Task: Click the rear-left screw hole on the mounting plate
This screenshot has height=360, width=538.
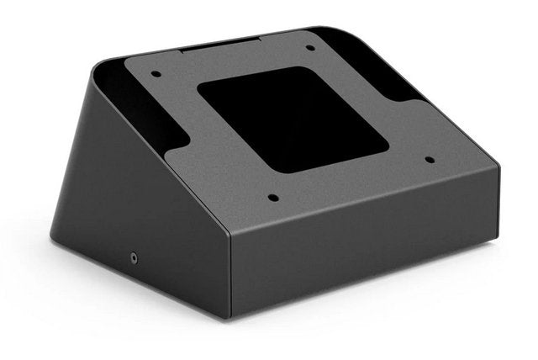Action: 156,74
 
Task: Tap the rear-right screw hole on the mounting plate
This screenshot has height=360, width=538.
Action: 310,48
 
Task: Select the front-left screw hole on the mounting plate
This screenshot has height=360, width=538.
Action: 272,199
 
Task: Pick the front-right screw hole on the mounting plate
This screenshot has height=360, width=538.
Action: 430,159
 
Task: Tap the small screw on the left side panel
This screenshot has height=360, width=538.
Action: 132,256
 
